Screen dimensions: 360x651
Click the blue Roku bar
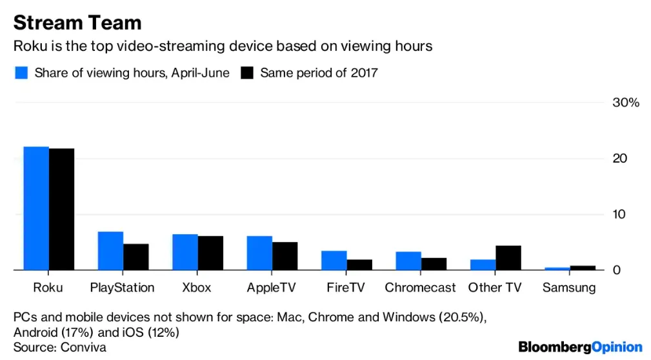coord(36,208)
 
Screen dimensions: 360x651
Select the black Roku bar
coord(61,209)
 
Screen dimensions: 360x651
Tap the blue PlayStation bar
coord(110,250)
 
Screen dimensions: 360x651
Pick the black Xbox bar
coord(210,253)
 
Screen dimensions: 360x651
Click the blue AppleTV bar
coord(259,253)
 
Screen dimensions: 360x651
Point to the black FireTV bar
coord(359,265)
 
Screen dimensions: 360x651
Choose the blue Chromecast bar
coord(408,261)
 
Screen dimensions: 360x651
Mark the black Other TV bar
coord(508,257)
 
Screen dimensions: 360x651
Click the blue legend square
coord(21,73)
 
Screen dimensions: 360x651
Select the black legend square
coord(246,73)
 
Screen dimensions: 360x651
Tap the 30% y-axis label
coord(625,103)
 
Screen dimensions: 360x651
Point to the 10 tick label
coord(619,214)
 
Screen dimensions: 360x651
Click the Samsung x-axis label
coord(569,288)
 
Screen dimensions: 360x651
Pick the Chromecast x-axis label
coord(420,288)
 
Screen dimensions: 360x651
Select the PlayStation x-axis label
coord(123,288)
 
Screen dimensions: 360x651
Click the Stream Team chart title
coord(77,23)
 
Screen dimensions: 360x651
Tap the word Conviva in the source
coord(83,347)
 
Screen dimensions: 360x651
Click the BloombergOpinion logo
coord(580,347)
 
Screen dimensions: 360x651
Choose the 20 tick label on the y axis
coord(619,159)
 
